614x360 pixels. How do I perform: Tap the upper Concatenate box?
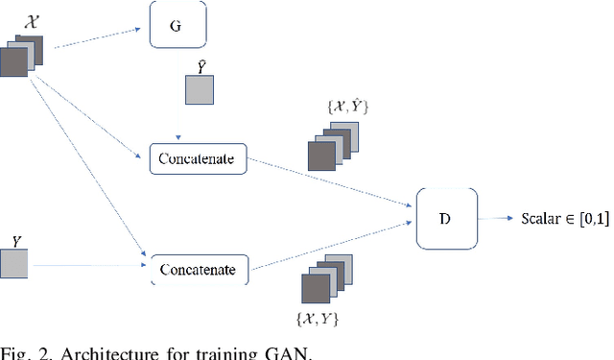198,157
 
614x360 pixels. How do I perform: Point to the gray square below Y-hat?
200,90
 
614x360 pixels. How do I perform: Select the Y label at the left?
16,236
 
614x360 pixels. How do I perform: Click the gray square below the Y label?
14,262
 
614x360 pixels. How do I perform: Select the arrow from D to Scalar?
494,218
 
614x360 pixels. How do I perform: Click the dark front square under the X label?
14,63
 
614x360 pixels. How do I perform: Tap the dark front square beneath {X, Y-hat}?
320,156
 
